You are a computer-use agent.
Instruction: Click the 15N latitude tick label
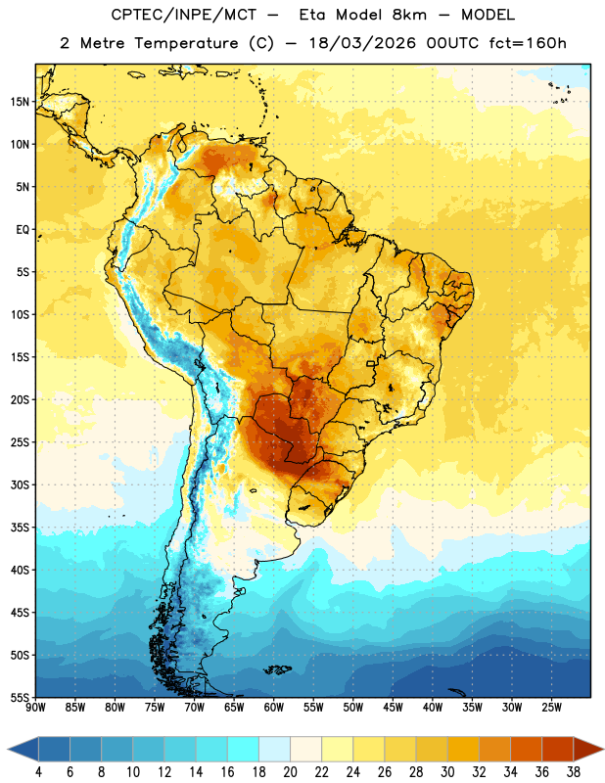tap(19, 102)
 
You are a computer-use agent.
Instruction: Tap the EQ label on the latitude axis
tap(23, 230)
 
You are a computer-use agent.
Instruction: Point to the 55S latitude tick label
tap(19, 697)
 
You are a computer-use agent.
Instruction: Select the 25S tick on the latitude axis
tap(19, 442)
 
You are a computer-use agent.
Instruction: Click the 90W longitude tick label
tap(35, 708)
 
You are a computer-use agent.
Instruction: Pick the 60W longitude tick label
tap(274, 708)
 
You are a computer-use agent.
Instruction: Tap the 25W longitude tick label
tap(551, 708)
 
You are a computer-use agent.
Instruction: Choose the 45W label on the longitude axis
tap(393, 708)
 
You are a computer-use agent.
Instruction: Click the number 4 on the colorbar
tap(38, 772)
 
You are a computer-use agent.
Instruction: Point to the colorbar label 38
tap(574, 772)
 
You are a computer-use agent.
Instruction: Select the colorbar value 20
tap(290, 772)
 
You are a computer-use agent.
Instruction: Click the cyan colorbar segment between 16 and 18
tap(243, 750)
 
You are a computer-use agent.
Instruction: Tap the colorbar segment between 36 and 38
tap(558, 750)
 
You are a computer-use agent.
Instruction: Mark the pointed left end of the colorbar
tap(9, 750)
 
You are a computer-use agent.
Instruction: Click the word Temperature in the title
tap(186, 43)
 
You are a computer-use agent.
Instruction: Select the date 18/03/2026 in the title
tap(362, 43)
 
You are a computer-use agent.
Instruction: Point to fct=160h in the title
tap(527, 43)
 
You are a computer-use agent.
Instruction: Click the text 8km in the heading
tap(409, 15)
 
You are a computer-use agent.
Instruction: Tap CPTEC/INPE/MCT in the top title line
tap(183, 15)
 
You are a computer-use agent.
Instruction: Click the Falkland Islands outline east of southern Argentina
tap(278, 669)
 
